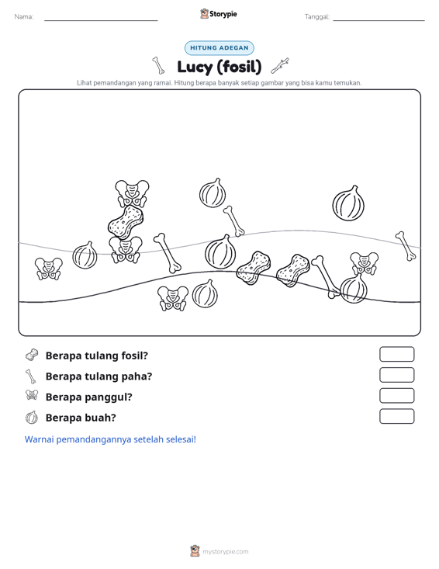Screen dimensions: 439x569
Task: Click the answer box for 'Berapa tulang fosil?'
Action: (x=396, y=354)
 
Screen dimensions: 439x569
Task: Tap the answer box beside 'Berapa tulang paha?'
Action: (x=396, y=375)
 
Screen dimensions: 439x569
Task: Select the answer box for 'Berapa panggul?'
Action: (x=396, y=396)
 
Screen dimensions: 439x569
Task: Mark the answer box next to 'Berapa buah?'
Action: (x=396, y=416)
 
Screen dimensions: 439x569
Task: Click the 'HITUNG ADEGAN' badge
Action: (x=219, y=48)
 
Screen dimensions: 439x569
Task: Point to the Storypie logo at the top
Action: (x=219, y=14)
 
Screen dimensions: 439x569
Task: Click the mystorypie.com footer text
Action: (x=225, y=552)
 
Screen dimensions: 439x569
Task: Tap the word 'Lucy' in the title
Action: (x=195, y=67)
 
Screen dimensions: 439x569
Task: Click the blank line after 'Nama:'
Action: (x=101, y=20)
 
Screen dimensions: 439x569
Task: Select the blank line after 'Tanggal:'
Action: (x=379, y=20)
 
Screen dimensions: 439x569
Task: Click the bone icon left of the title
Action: (x=158, y=65)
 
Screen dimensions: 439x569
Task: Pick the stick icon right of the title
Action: (x=280, y=65)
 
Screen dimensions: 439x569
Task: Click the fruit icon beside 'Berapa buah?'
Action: (x=32, y=418)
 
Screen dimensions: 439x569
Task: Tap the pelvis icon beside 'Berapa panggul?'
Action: (x=32, y=395)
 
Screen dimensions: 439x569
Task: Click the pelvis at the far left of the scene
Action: (x=49, y=269)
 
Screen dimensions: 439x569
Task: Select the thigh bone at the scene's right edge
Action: (x=406, y=246)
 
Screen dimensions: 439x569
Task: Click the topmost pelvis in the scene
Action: (x=132, y=193)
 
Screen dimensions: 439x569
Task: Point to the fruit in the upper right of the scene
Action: (x=348, y=203)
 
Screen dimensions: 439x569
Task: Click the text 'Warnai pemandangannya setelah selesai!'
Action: (x=110, y=439)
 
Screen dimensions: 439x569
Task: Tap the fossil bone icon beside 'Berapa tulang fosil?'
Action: (x=32, y=355)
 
